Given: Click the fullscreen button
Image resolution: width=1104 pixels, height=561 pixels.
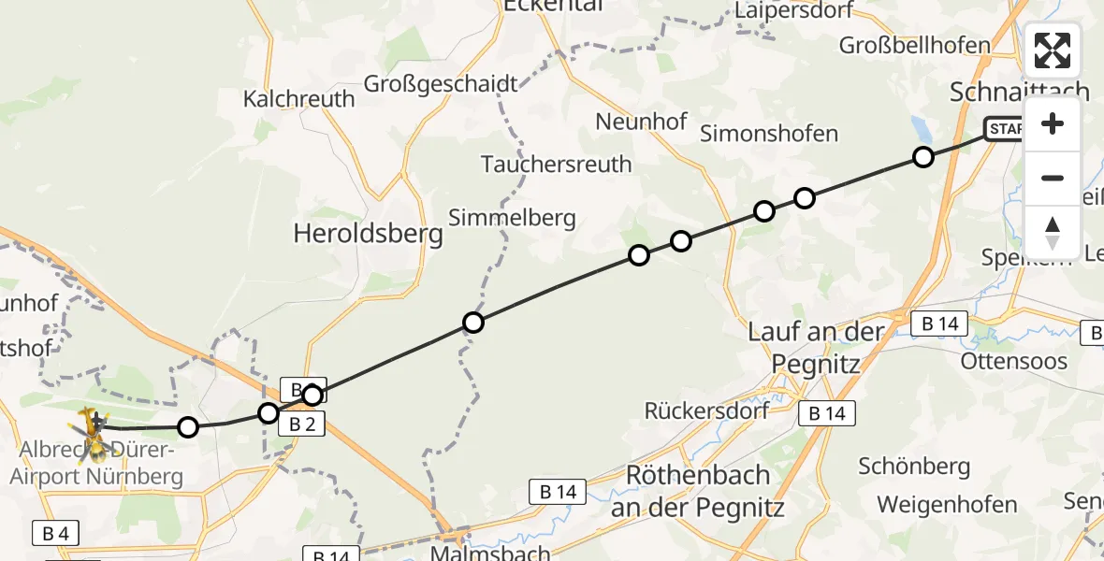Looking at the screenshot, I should tap(1053, 50).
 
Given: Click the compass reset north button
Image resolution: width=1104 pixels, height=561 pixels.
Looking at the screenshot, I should tap(1053, 232).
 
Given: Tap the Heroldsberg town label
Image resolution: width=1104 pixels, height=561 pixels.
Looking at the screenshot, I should tap(368, 233).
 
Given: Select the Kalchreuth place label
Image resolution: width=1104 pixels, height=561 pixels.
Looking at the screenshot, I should tap(299, 98).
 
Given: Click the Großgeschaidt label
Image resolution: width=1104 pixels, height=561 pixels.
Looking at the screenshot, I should tap(440, 84).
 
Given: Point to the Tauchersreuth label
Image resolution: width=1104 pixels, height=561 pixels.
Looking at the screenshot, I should tap(556, 165).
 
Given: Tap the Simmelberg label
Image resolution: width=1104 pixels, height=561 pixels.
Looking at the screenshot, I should tap(512, 218).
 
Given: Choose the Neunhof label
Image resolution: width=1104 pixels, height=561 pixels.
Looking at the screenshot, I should tap(641, 122).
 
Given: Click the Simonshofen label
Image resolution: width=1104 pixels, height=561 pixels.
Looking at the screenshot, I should tap(769, 133).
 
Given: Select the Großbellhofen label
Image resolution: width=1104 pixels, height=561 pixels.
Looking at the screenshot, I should tap(915, 45).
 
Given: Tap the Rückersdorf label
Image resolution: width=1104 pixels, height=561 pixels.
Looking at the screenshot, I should tap(707, 410).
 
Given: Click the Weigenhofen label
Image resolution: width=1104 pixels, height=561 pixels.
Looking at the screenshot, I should tap(947, 505).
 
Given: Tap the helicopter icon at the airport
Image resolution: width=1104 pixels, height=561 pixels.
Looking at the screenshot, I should tap(94, 433).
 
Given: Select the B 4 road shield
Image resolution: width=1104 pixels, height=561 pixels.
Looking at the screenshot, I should tap(55, 534).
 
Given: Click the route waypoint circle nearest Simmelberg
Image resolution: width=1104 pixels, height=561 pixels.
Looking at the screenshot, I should tap(473, 324).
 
